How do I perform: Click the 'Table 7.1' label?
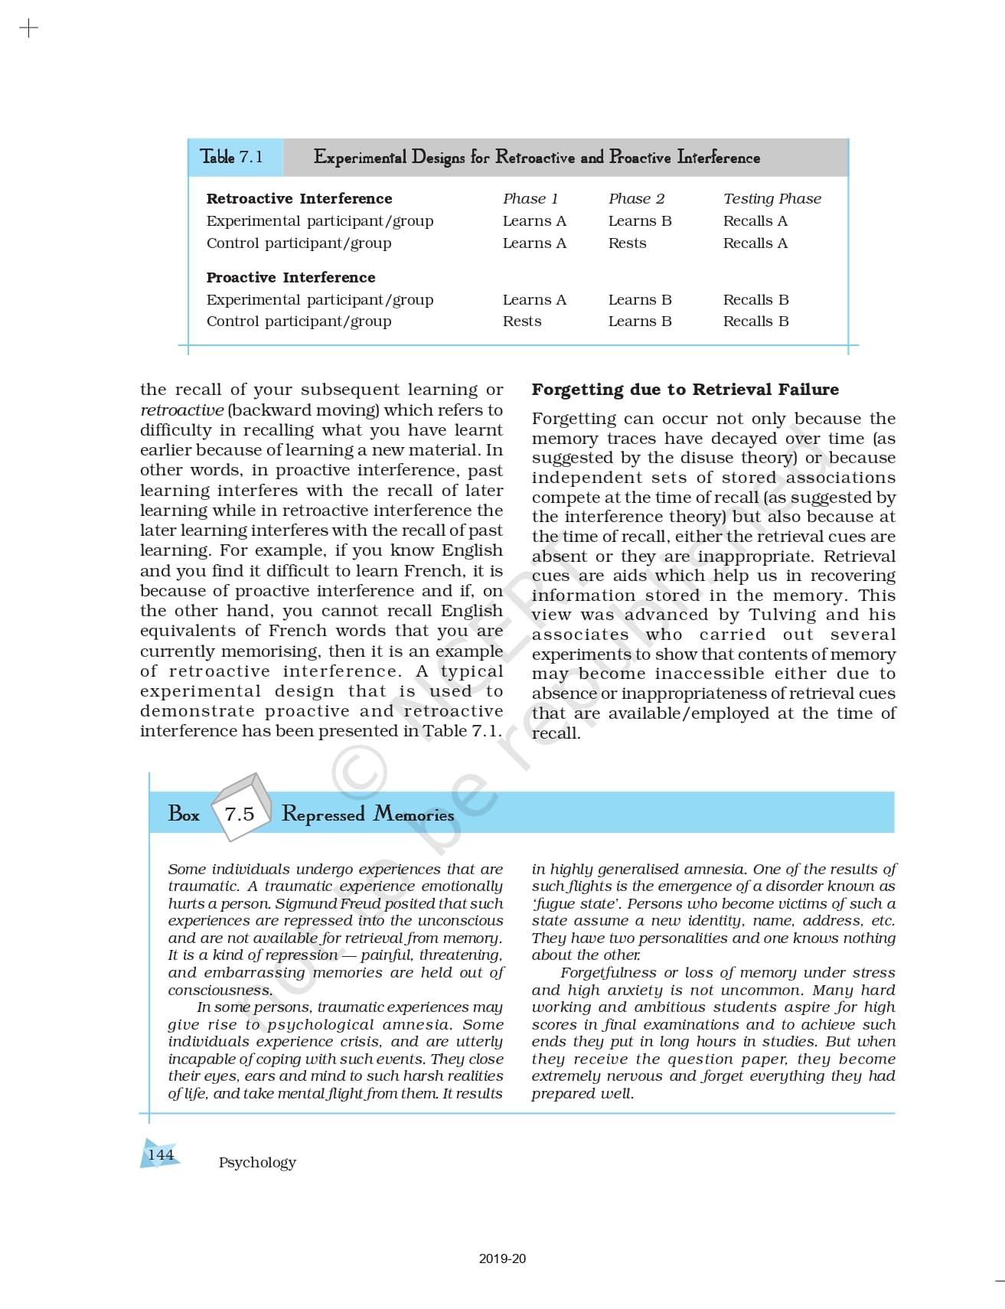click(x=231, y=157)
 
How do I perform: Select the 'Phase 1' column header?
click(x=530, y=199)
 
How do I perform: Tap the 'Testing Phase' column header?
click(x=772, y=199)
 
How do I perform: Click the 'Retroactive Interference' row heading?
click(x=299, y=199)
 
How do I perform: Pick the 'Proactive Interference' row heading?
click(x=291, y=277)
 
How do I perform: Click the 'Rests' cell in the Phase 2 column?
click(x=627, y=243)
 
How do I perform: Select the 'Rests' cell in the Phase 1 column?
click(x=521, y=322)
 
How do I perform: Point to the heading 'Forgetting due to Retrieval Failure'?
click(x=685, y=390)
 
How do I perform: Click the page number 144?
click(x=161, y=1154)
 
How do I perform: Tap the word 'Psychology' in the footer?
click(x=257, y=1162)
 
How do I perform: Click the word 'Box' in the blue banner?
click(x=184, y=814)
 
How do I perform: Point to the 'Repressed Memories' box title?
click(x=367, y=814)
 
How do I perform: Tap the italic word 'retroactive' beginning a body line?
click(x=182, y=410)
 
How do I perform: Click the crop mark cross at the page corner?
click(x=28, y=29)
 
